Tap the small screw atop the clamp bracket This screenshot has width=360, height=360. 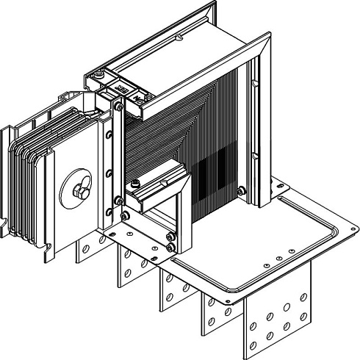coord(136,180)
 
